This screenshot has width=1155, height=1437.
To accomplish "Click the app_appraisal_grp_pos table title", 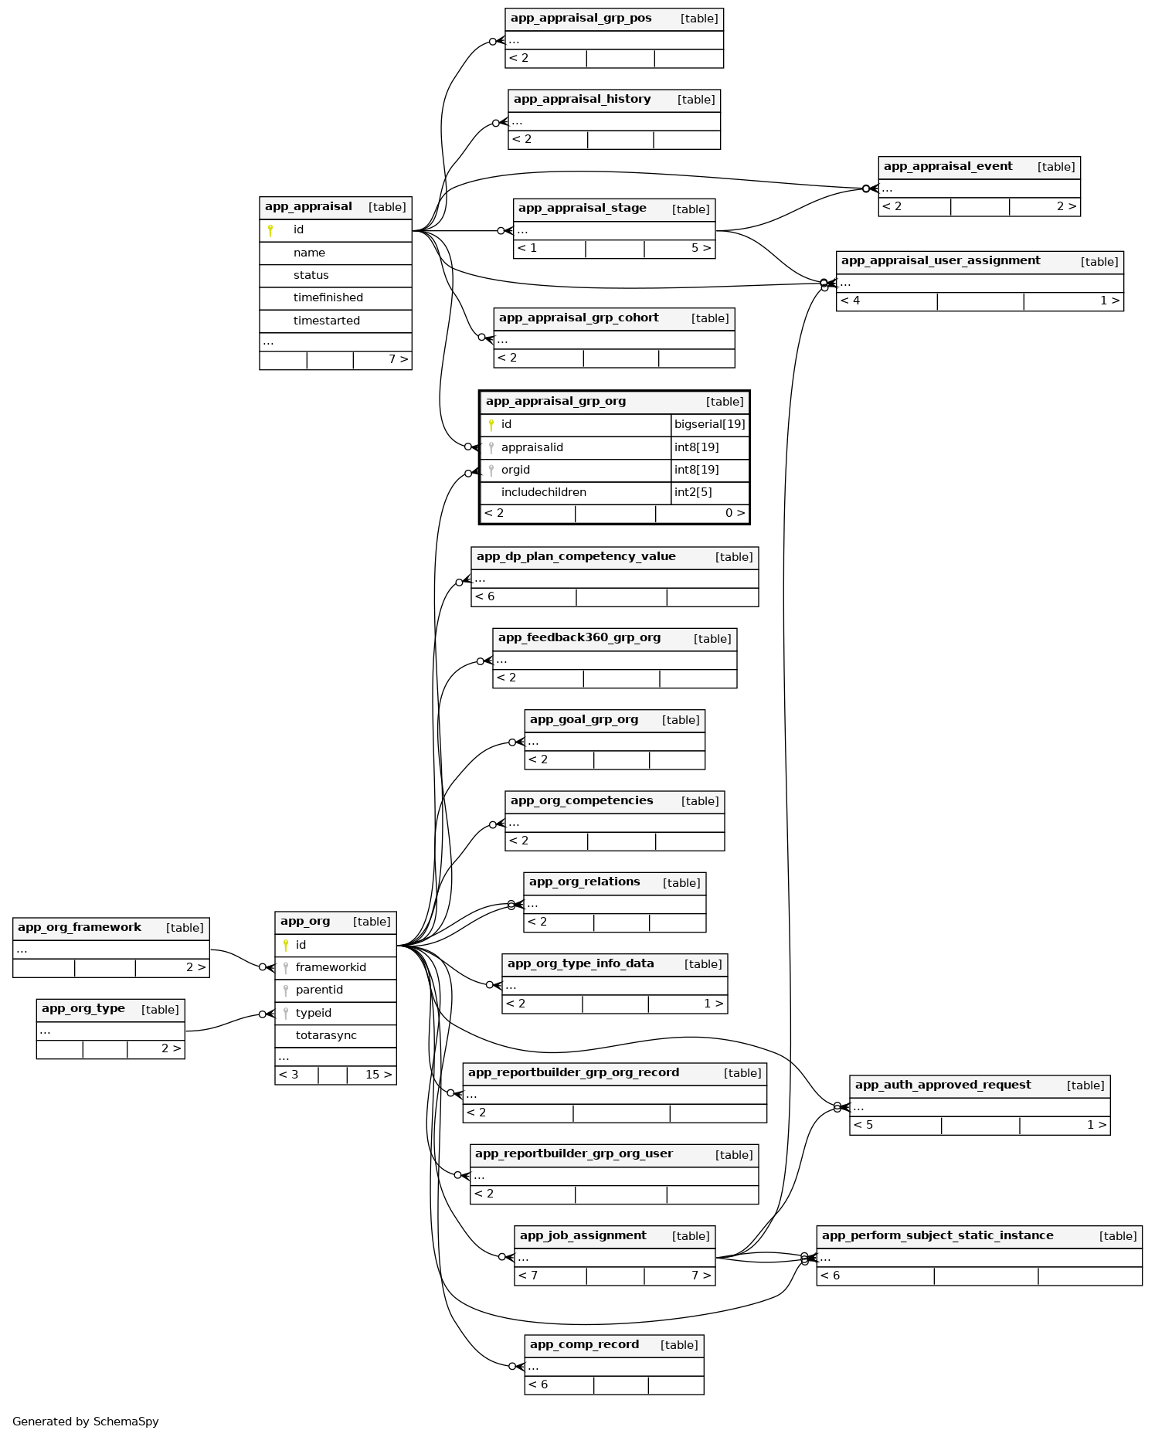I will click(581, 19).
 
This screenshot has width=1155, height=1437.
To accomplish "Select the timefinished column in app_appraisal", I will click(328, 298).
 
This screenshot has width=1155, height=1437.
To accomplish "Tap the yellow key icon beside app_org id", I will click(286, 945).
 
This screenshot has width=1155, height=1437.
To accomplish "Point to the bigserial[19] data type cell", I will click(709, 425).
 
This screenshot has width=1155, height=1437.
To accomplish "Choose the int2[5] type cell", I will click(693, 493).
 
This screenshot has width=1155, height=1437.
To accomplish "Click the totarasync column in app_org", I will click(326, 1036).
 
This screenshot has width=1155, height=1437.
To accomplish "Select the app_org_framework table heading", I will click(80, 928).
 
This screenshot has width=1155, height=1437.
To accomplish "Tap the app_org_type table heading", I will click(83, 1009).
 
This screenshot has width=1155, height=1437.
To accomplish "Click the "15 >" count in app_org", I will click(379, 1075).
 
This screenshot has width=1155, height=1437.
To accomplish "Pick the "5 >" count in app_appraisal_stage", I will click(701, 249).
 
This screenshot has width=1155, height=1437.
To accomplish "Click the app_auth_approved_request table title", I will click(943, 1085).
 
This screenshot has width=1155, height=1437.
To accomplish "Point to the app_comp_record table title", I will click(584, 1345).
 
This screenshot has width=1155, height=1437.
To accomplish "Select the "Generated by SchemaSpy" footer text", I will click(86, 1422).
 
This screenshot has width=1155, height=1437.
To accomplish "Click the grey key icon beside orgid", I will click(491, 471).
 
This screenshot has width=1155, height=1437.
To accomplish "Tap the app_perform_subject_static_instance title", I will click(937, 1236).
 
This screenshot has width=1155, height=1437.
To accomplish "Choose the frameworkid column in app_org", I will click(331, 968).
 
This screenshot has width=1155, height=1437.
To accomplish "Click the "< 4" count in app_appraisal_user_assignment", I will click(850, 301).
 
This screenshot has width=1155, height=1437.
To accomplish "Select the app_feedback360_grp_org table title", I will click(579, 638).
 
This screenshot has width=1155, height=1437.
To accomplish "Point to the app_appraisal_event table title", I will click(948, 167).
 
